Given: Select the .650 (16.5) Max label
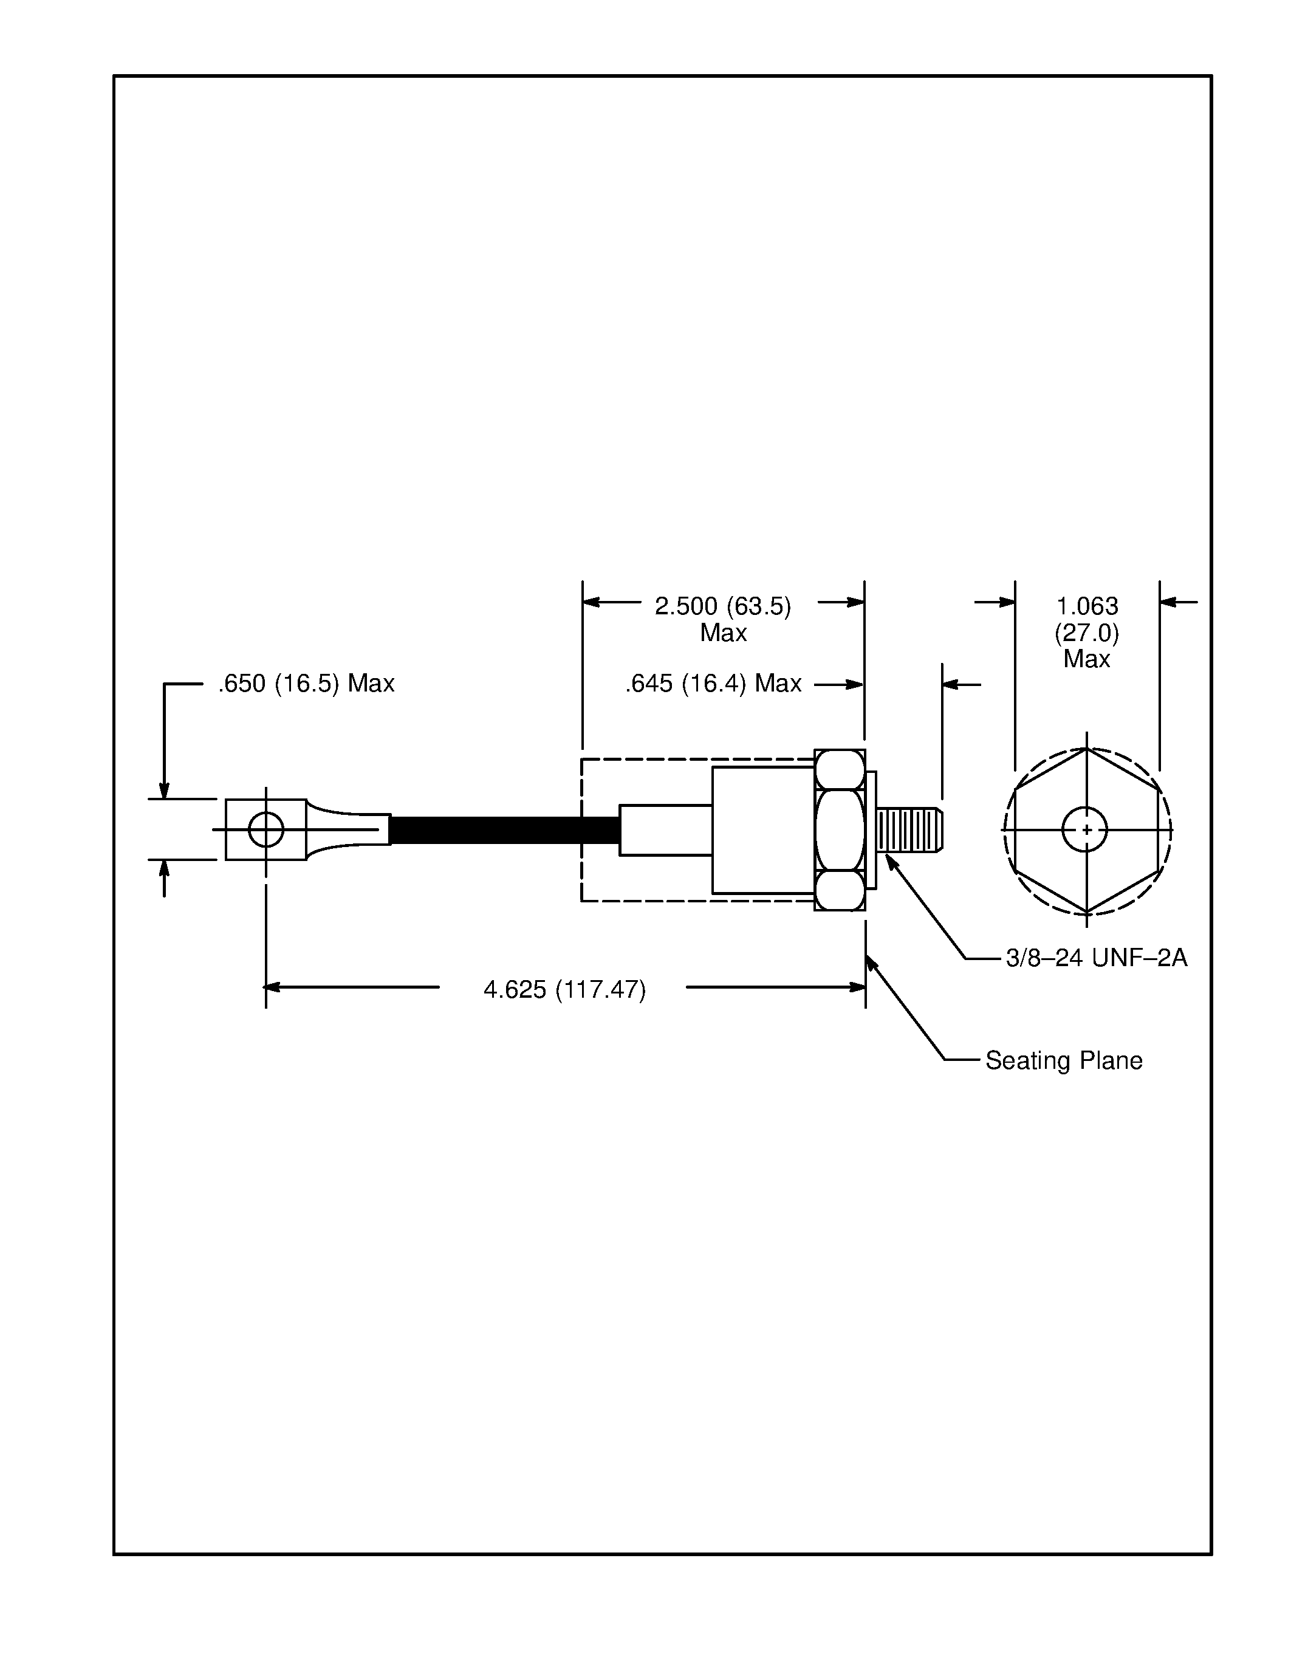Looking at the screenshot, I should [306, 683].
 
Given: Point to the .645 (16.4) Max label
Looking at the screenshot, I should [713, 683].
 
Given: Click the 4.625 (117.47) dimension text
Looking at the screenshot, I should [564, 989].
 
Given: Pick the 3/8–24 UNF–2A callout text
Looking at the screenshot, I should [1096, 957].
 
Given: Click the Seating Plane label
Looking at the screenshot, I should [1063, 1060].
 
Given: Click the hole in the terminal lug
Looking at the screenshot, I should [266, 829].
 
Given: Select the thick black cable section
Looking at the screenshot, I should [505, 830].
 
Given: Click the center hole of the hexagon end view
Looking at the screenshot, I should [1084, 829].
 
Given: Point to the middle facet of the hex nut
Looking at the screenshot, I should [840, 830].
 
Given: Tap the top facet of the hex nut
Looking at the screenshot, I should [840, 770].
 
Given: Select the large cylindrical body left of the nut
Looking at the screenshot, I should [762, 830].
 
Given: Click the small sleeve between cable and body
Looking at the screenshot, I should [665, 830].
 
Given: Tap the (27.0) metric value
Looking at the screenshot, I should [1086, 633].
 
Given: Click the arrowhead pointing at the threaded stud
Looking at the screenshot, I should [890, 862].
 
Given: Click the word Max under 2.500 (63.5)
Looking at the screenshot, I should [723, 633].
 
